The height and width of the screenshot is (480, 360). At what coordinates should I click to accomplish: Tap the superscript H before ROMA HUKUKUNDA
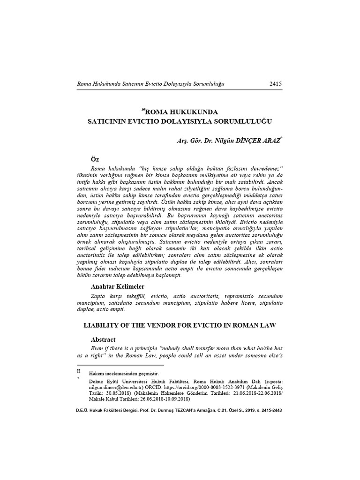(x=143, y=110)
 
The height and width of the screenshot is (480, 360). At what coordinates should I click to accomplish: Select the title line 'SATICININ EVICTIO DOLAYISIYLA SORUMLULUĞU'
(x=180, y=121)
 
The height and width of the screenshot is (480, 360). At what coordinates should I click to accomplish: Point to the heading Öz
(x=95, y=159)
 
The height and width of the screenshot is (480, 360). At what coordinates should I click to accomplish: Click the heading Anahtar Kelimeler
(x=118, y=286)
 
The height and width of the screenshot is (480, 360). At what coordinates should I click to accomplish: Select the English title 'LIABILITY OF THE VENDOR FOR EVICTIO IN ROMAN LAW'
(x=180, y=325)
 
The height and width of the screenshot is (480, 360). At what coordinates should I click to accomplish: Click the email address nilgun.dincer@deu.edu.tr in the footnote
(x=117, y=388)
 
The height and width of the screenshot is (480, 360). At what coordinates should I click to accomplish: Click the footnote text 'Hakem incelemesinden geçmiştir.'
(x=124, y=374)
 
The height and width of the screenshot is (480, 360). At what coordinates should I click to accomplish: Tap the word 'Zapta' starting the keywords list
(x=98, y=296)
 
